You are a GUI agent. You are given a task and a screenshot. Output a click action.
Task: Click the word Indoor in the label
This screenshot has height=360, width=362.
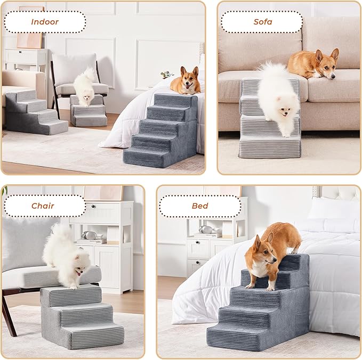[45, 22]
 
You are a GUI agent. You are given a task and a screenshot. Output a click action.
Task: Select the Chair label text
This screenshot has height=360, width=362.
[43, 206]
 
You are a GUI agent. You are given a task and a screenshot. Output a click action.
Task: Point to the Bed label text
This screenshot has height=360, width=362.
[200, 206]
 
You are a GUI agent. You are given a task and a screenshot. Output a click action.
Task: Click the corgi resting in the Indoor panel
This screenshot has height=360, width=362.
[186, 82]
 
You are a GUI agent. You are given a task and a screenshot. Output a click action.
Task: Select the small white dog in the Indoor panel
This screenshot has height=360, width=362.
[84, 87]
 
